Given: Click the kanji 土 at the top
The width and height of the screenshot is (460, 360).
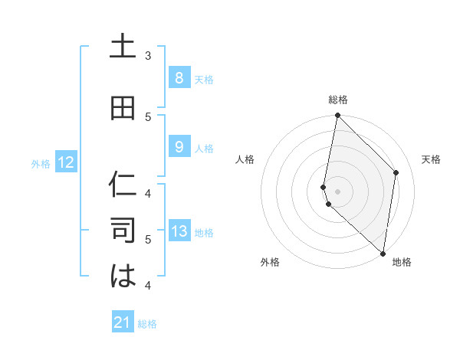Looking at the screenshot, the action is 123,47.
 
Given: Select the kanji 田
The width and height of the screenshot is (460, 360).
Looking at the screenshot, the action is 123,110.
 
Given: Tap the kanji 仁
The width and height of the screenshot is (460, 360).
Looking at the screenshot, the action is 123,185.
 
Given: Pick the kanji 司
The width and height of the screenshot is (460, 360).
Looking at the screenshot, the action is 123,231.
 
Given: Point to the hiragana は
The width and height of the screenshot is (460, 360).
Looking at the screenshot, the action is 123,276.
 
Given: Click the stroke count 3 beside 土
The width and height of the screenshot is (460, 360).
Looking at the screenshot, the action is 148,55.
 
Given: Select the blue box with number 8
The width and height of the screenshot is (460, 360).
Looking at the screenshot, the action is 179,77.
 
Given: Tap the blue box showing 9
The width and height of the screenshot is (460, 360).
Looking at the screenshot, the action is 179,147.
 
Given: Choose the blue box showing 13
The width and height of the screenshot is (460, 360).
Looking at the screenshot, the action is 179,231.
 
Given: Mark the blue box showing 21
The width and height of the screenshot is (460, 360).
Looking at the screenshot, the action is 123,322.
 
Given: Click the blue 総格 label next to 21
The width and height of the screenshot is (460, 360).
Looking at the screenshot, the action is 147,324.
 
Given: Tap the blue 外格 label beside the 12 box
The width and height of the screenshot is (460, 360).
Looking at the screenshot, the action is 40,163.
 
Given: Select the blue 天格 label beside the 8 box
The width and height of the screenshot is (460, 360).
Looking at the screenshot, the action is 203,79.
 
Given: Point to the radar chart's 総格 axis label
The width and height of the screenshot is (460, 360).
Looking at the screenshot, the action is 338,100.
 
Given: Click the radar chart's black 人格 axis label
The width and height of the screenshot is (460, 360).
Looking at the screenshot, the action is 245,159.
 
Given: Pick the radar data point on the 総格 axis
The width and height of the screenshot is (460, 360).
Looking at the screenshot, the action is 337,116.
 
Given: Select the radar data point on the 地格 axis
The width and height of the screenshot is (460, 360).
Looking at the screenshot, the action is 383,253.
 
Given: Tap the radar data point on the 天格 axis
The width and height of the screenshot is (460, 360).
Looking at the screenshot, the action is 396,172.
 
